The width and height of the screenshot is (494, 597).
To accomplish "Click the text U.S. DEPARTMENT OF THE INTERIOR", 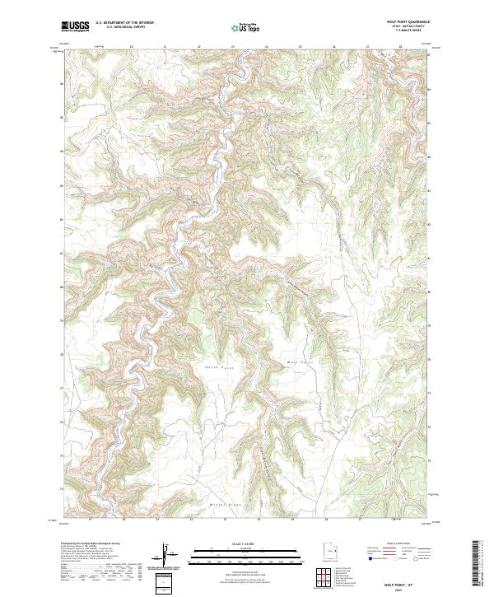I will pos(124,23).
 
